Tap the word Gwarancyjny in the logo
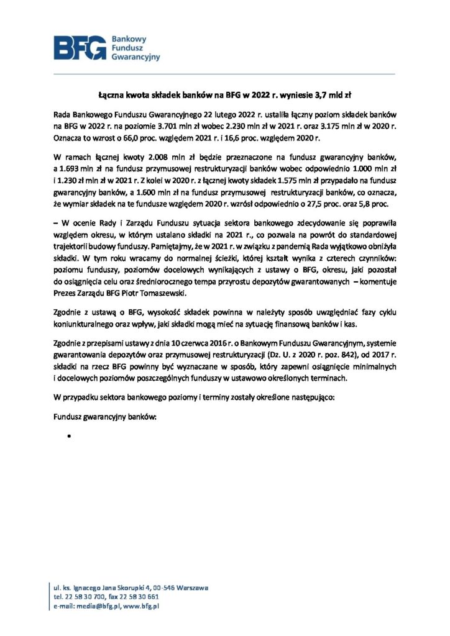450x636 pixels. (x=135, y=57)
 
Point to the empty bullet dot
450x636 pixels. (x=65, y=437)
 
